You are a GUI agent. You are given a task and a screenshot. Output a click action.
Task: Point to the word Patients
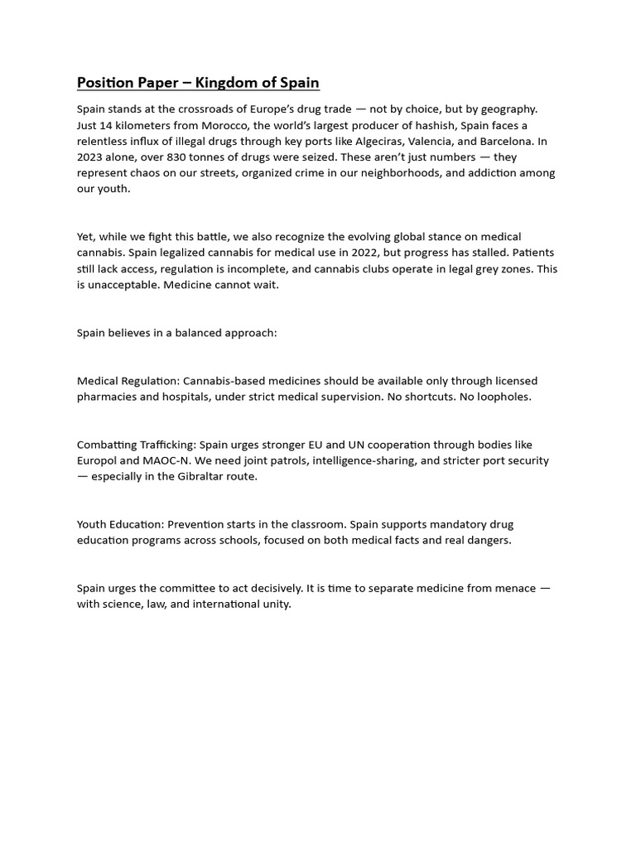[x=532, y=253]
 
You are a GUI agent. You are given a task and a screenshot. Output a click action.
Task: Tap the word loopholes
[x=502, y=397]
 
